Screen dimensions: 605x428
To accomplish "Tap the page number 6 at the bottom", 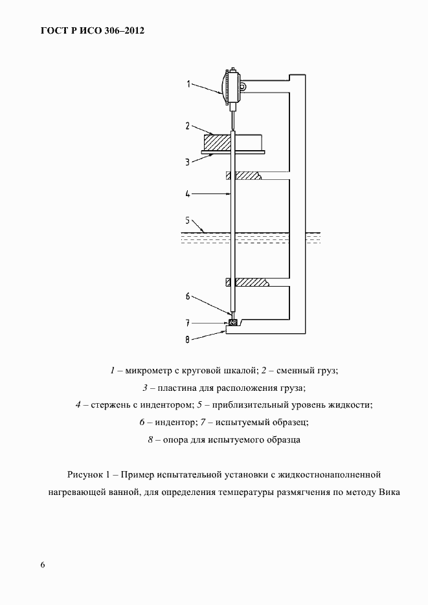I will coord(43,565).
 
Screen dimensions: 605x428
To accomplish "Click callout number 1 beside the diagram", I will coord(188,83).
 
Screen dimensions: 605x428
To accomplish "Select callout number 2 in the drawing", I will coord(186,126).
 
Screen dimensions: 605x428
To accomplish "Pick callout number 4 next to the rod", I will coord(186,193).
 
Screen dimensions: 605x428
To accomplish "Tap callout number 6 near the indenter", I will coord(187,296).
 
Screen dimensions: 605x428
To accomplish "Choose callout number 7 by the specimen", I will coord(187,322).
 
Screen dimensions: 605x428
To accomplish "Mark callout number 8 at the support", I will coord(187,337).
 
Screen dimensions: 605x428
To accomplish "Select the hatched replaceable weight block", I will coord(216,142).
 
